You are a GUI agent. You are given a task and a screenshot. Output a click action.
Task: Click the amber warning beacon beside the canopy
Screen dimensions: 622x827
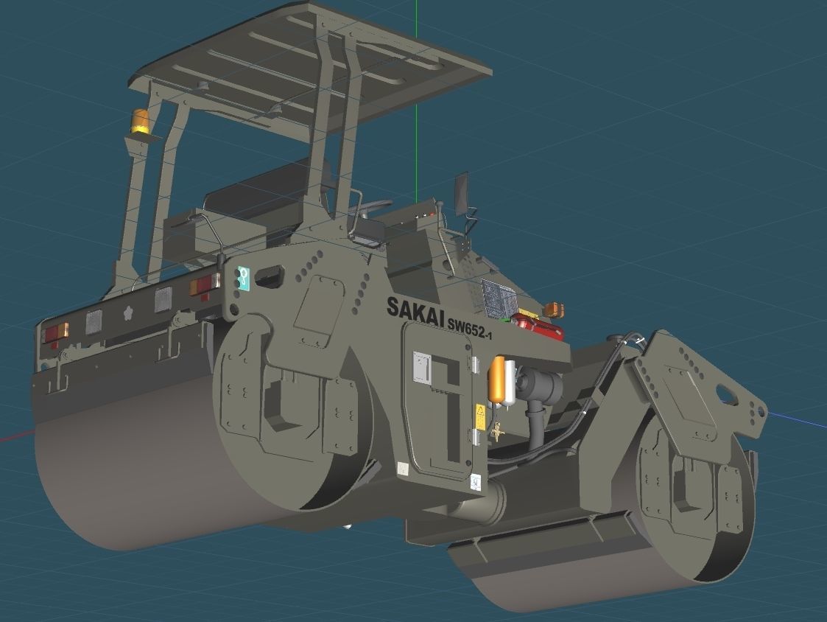pyautogui.click(x=140, y=122)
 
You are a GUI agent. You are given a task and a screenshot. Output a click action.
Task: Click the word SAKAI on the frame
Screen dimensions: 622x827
pyautogui.click(x=415, y=310)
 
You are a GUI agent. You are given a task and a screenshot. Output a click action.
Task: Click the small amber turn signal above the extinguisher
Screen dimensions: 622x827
pyautogui.click(x=553, y=309)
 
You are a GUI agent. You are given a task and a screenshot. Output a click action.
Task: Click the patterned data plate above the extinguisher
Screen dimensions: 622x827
pyautogui.click(x=500, y=298)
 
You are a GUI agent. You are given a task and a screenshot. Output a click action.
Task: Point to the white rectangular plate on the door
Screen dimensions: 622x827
pyautogui.click(x=421, y=366)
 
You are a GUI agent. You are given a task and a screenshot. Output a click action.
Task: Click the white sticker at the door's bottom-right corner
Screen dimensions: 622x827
pyautogui.click(x=476, y=482)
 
